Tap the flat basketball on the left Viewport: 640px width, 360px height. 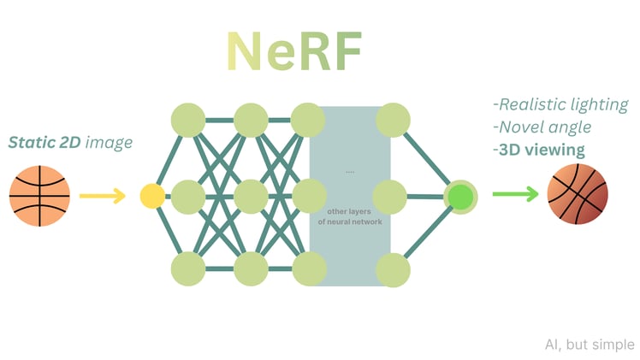point(40,196)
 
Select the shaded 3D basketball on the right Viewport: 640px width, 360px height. point(577,195)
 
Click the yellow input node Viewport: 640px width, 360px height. point(152,196)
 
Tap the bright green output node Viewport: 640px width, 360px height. point(460,196)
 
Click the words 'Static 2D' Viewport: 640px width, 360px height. point(45,142)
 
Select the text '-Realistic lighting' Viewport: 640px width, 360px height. point(560,104)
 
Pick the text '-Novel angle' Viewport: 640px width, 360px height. point(542,127)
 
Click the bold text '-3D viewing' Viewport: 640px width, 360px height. point(539,150)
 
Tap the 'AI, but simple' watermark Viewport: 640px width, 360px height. point(590,345)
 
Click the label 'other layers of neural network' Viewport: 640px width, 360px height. point(350,215)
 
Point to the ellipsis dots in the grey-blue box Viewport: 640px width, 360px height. point(350,172)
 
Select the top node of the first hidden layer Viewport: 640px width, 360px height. point(188,121)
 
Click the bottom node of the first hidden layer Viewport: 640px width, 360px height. point(188,269)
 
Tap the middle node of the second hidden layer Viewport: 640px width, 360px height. point(251,196)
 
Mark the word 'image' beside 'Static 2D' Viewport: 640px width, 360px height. point(109,142)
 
